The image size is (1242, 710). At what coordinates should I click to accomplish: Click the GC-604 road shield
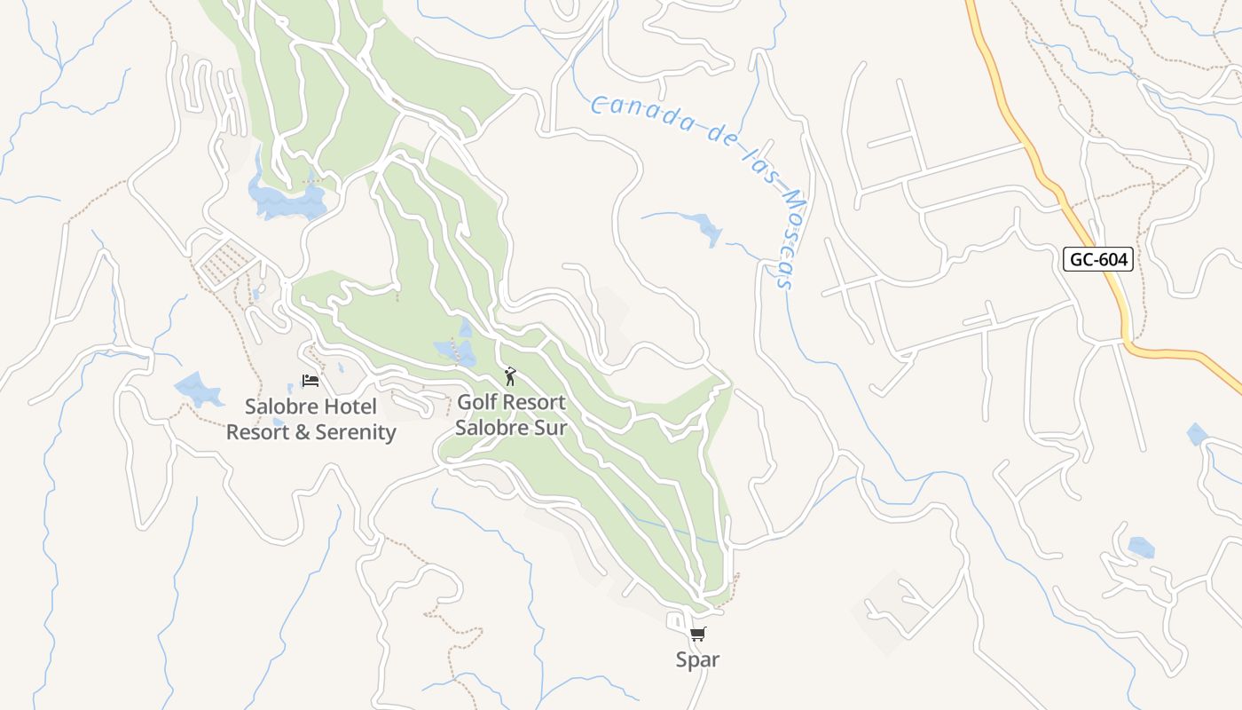pos(1097,259)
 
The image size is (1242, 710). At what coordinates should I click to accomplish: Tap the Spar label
pos(697,659)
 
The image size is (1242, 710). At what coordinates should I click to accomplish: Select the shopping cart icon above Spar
pos(698,634)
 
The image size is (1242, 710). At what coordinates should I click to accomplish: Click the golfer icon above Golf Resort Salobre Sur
pos(509,377)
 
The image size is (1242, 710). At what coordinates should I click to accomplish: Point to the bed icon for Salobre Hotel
pos(310,381)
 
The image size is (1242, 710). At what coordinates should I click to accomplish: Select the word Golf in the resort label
pos(477,402)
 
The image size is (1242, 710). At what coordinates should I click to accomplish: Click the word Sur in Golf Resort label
pos(551,427)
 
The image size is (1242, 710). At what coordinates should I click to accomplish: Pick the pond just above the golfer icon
pos(456,350)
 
